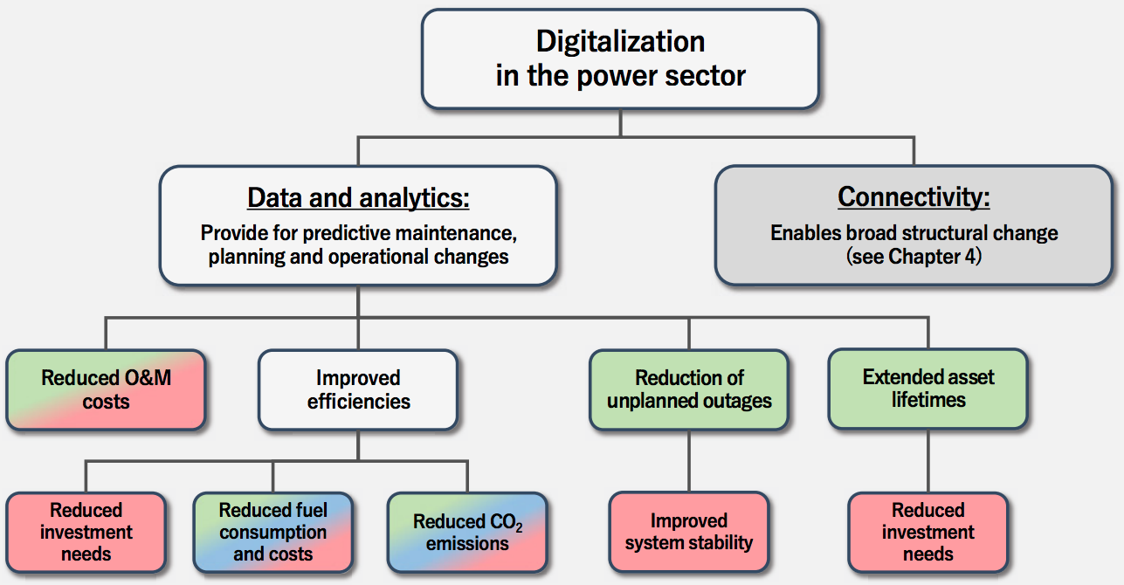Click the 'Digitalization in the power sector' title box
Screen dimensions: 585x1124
coord(620,58)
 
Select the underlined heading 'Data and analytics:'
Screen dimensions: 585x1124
coord(358,197)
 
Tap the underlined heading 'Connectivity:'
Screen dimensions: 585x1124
coord(914,196)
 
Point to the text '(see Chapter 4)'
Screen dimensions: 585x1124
coord(914,257)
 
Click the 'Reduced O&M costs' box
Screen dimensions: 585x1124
coord(106,390)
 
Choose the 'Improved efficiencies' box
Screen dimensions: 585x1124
coord(358,390)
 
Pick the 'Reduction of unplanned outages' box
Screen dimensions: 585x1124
coord(689,389)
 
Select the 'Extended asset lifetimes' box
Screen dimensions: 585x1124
coord(927,389)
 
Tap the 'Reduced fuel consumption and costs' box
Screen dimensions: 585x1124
coord(273,532)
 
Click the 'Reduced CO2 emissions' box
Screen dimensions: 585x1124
coord(467,532)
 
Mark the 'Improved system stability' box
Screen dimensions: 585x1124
coord(689,532)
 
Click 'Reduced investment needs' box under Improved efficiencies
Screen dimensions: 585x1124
coord(86,532)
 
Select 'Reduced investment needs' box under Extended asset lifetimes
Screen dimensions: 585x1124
coord(927,532)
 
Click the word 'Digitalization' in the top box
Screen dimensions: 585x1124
coord(620,41)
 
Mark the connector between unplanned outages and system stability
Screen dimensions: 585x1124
coord(689,461)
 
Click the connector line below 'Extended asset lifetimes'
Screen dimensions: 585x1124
coord(927,461)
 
